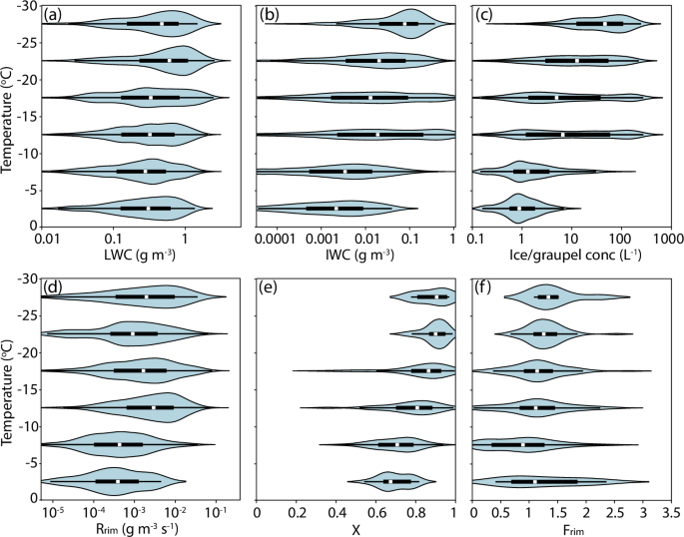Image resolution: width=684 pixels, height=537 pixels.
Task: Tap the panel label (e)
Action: click(269, 288)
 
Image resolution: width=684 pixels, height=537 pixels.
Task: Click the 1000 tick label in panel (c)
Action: click(667, 241)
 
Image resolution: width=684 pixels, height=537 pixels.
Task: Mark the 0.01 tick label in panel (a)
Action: click(44, 241)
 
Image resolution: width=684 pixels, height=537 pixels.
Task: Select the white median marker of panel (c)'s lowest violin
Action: click(520, 209)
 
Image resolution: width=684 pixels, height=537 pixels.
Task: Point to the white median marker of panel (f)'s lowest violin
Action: click(535, 481)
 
